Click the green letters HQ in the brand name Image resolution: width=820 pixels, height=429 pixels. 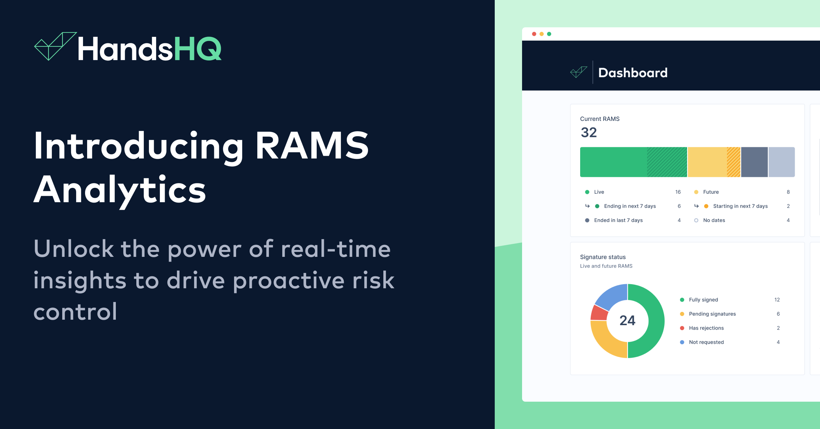tap(198, 49)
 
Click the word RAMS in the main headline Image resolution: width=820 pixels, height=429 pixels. tap(312, 146)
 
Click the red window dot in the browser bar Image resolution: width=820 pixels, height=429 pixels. tap(534, 34)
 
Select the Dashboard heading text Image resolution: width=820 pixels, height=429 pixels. tap(633, 73)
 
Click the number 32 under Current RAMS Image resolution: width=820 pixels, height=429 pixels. tap(589, 133)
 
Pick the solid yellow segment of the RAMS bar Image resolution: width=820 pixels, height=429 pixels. tap(707, 162)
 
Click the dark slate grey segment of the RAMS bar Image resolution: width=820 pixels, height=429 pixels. tap(754, 162)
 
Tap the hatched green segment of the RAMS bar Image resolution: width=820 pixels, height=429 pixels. tap(667, 162)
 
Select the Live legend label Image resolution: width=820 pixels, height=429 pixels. tap(599, 192)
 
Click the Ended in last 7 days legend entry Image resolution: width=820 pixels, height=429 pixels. tap(618, 220)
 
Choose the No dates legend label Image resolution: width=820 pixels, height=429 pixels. tap(714, 220)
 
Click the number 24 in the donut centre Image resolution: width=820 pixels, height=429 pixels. tap(627, 320)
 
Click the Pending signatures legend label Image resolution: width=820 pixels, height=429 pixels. tap(712, 314)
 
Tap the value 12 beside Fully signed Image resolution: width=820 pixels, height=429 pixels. tap(777, 300)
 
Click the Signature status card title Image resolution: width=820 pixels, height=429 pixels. tap(603, 257)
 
